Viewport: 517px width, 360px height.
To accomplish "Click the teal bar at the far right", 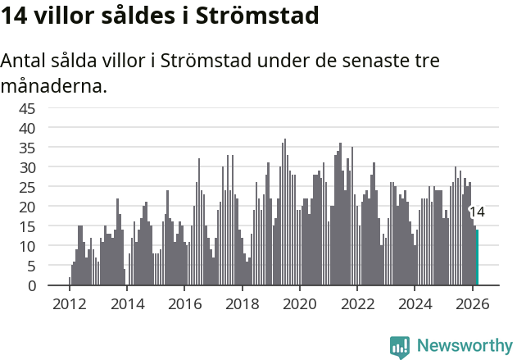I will [x=477, y=257].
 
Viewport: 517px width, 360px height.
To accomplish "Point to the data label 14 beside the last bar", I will [x=477, y=212].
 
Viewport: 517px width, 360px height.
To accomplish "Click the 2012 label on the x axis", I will [x=69, y=303].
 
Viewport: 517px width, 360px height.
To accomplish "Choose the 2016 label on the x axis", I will [x=184, y=303].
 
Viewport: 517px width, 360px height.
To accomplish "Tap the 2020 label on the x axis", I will [x=300, y=303].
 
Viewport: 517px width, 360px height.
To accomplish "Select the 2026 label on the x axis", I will [x=473, y=303].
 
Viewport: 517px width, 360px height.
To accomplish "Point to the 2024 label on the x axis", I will [x=415, y=303].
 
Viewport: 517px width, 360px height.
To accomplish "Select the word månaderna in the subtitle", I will [x=54, y=85].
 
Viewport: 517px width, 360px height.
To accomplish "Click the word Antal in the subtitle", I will [x=25, y=61].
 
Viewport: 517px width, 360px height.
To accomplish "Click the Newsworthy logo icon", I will [x=400, y=346].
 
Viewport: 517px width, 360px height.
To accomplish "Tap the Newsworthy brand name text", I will [x=465, y=346].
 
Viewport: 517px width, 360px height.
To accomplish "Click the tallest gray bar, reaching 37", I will [x=285, y=212].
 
